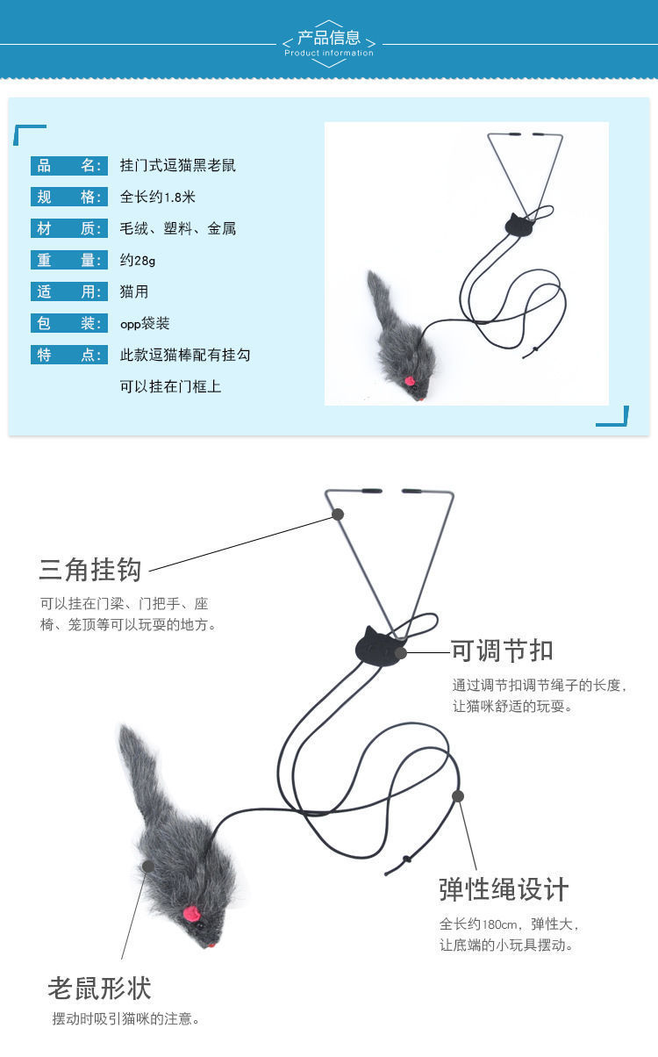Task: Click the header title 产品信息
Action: coord(329,37)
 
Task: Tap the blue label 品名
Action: coord(68,166)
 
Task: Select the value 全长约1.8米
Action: coord(158,197)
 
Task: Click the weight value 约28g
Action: coord(137,260)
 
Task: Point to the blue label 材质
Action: coord(68,228)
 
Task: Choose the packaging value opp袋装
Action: coord(145,323)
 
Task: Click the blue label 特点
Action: coord(68,355)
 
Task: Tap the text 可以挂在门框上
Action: coord(170,386)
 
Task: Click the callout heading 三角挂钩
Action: coord(89,570)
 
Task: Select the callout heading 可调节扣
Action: coord(502,651)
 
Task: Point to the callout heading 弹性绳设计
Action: coord(504,889)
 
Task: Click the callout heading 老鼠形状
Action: coord(99,988)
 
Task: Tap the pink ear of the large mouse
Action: coord(191,914)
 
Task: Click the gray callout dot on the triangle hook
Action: coord(338,514)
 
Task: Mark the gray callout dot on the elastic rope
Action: coord(458,796)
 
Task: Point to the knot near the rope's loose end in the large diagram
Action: coord(406,859)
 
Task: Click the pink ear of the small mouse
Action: coord(410,380)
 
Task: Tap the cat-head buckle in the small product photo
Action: coord(519,224)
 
